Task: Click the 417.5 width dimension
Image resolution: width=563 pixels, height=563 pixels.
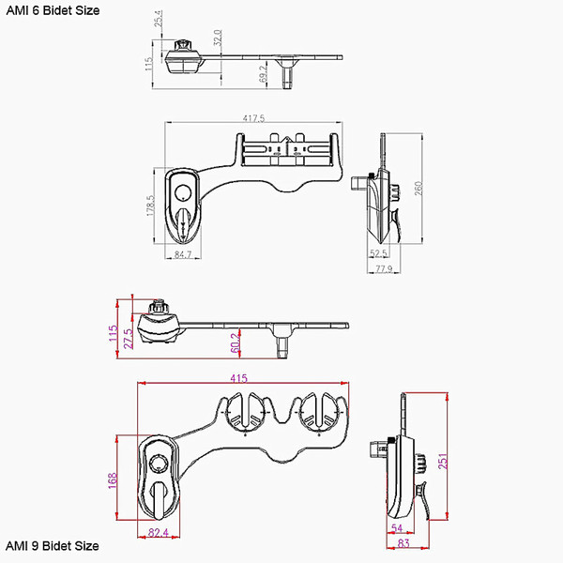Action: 253,118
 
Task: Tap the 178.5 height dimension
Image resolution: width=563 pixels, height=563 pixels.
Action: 150,205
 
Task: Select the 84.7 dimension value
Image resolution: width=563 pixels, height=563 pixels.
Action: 183,254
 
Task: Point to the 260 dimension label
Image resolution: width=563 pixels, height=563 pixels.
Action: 418,189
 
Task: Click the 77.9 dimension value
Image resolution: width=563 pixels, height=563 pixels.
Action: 384,268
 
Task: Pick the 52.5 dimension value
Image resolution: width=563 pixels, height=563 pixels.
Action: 378,253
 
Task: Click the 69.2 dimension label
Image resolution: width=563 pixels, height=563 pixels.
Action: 263,73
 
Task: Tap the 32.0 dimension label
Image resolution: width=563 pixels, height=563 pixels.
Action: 218,38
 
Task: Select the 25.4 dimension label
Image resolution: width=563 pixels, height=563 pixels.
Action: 159,19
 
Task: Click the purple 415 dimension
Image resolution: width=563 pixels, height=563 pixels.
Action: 238,378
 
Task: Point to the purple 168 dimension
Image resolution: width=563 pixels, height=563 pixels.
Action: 113,480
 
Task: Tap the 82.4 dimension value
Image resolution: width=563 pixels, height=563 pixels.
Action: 159,532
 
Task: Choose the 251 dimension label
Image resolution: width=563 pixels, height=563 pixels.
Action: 443,462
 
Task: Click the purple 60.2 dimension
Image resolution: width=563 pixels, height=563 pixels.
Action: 235,342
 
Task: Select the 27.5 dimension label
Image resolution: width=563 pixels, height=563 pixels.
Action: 129,338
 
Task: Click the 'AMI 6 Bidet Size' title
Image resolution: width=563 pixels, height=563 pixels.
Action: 53,10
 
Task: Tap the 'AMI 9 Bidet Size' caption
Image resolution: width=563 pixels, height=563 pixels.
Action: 53,546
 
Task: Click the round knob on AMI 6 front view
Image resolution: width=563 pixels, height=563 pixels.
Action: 183,192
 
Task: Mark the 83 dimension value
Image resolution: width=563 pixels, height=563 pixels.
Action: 403,543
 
